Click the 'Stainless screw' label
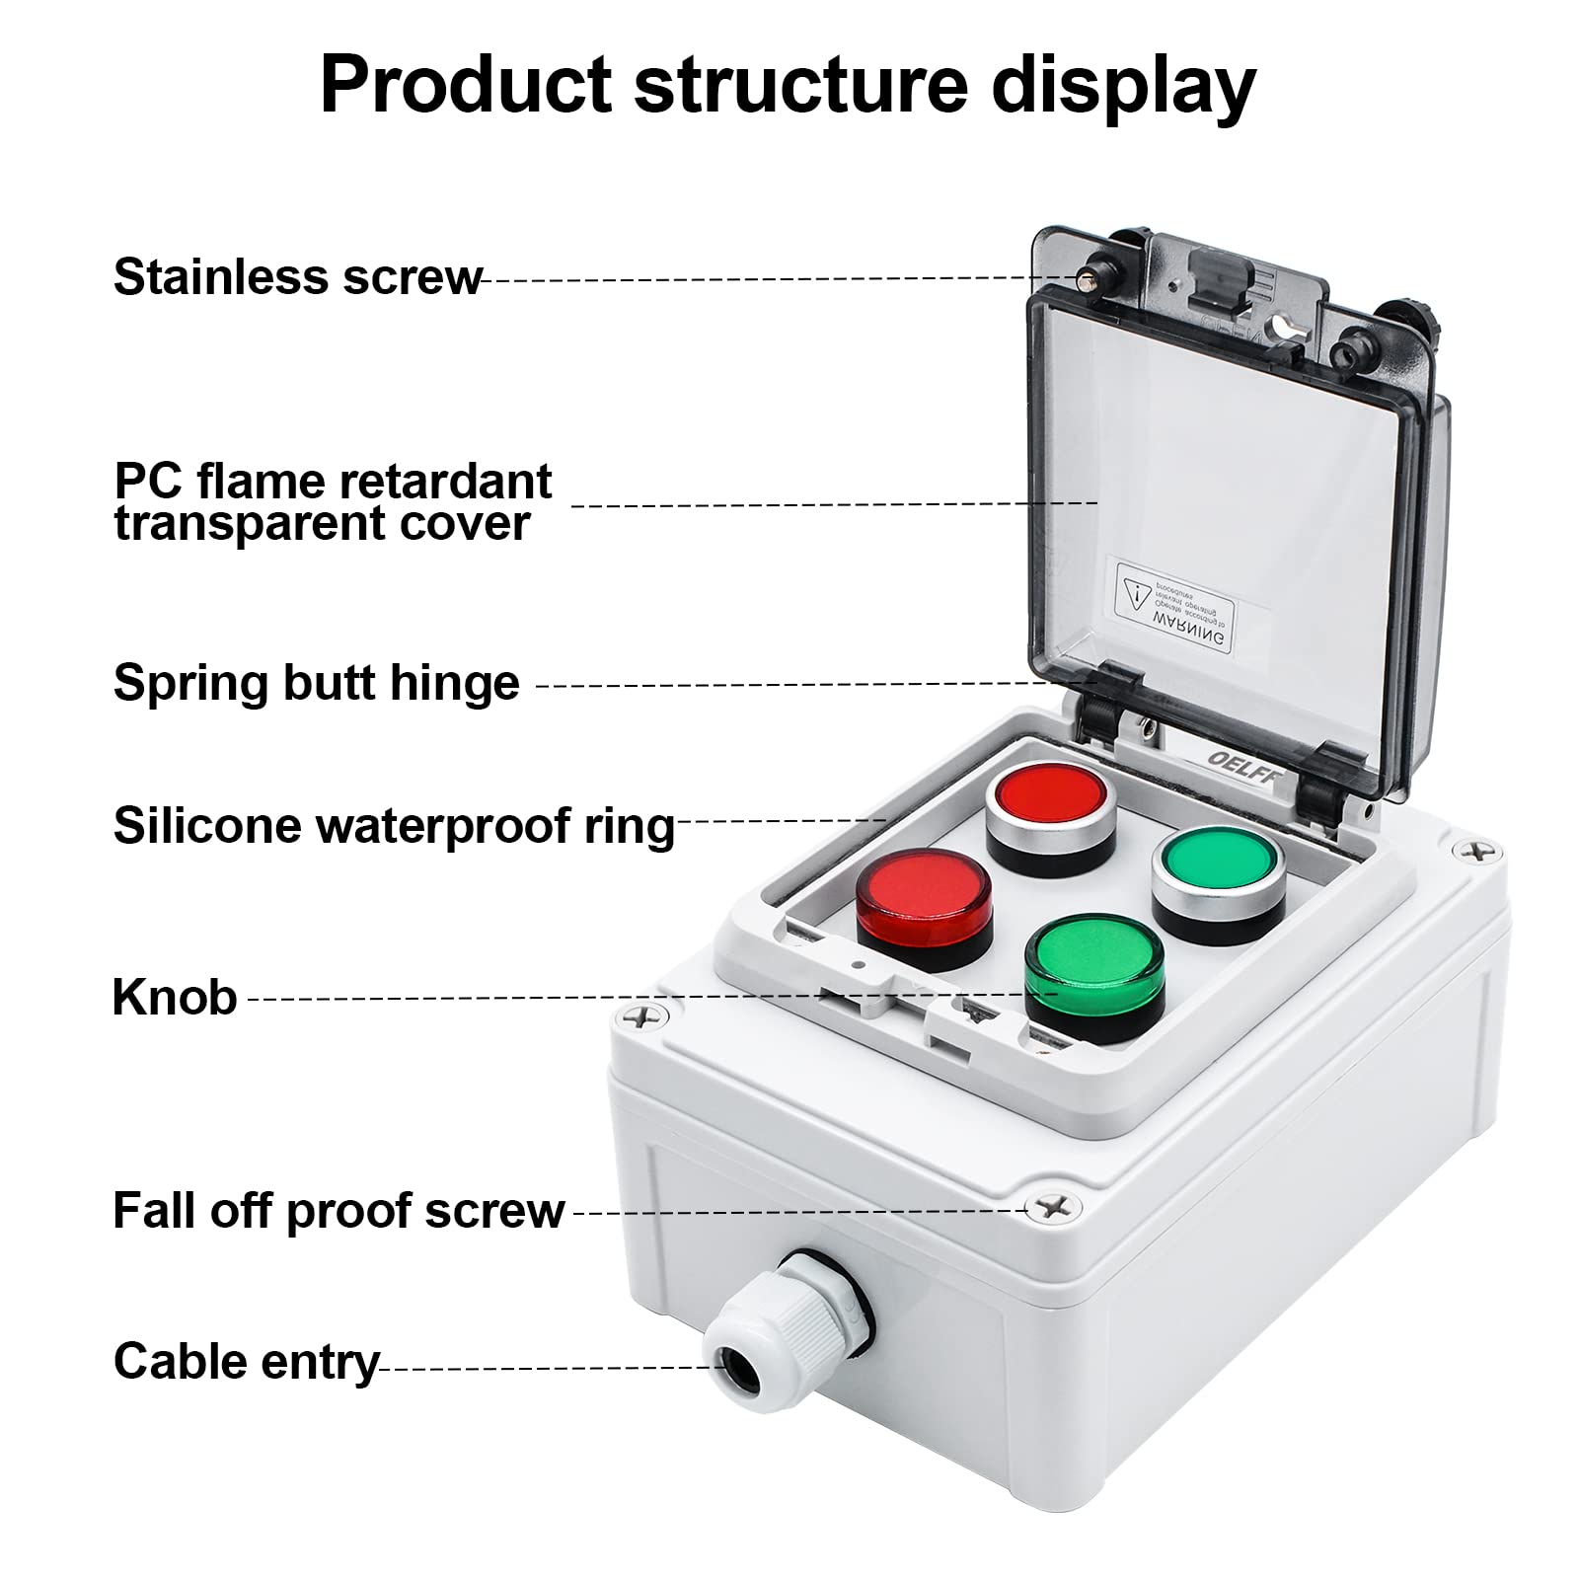tap(296, 277)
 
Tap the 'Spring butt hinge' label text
tap(316, 682)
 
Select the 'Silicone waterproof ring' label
tap(393, 825)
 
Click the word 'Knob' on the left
tap(175, 997)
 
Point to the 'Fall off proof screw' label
tap(338, 1210)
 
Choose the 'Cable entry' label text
tap(246, 1362)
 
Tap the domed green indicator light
tap(1093, 962)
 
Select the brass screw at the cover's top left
tap(1090, 277)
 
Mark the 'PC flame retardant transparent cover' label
tap(333, 502)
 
